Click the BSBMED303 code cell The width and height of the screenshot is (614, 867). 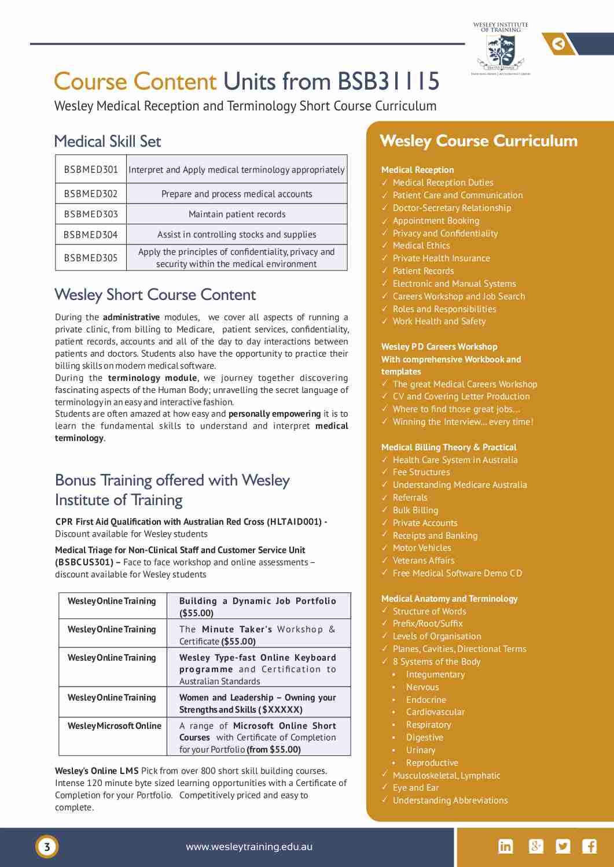point(91,214)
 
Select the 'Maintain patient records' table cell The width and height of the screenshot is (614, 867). point(237,214)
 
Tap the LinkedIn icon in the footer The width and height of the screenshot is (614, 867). point(505,846)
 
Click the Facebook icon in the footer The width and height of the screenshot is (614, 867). point(590,846)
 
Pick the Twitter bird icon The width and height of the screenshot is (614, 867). point(562,846)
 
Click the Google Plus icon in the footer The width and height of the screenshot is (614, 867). point(536,846)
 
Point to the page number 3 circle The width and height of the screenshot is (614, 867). point(47,847)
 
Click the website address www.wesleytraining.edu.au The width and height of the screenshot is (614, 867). point(249,847)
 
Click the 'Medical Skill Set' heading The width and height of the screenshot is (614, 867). point(107,142)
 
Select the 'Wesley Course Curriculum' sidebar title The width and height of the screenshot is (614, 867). point(479,141)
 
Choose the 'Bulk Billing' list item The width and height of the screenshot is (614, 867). point(415,510)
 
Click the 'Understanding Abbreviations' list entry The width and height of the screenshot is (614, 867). point(450,801)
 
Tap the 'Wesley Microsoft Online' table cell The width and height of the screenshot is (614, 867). point(114,726)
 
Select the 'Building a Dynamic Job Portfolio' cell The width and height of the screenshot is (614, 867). point(258,606)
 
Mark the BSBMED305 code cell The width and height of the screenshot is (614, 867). point(91,258)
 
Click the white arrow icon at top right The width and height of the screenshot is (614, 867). point(559,44)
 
